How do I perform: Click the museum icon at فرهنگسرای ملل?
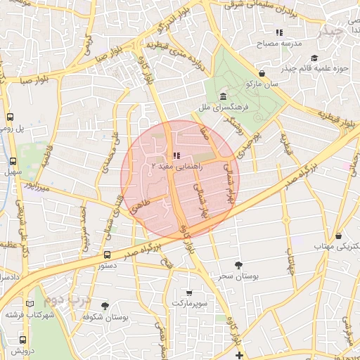(223, 96)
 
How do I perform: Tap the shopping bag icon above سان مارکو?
(262, 73)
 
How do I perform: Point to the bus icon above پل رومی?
(11, 117)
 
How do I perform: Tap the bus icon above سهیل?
(11, 159)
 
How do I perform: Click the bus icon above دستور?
(107, 255)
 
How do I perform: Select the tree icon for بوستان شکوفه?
(105, 306)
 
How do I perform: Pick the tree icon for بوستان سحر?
(239, 265)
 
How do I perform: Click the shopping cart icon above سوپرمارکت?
(188, 292)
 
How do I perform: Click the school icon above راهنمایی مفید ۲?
(175, 155)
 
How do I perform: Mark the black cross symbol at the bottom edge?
(240, 355)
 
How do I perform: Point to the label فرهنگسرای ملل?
(223, 108)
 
